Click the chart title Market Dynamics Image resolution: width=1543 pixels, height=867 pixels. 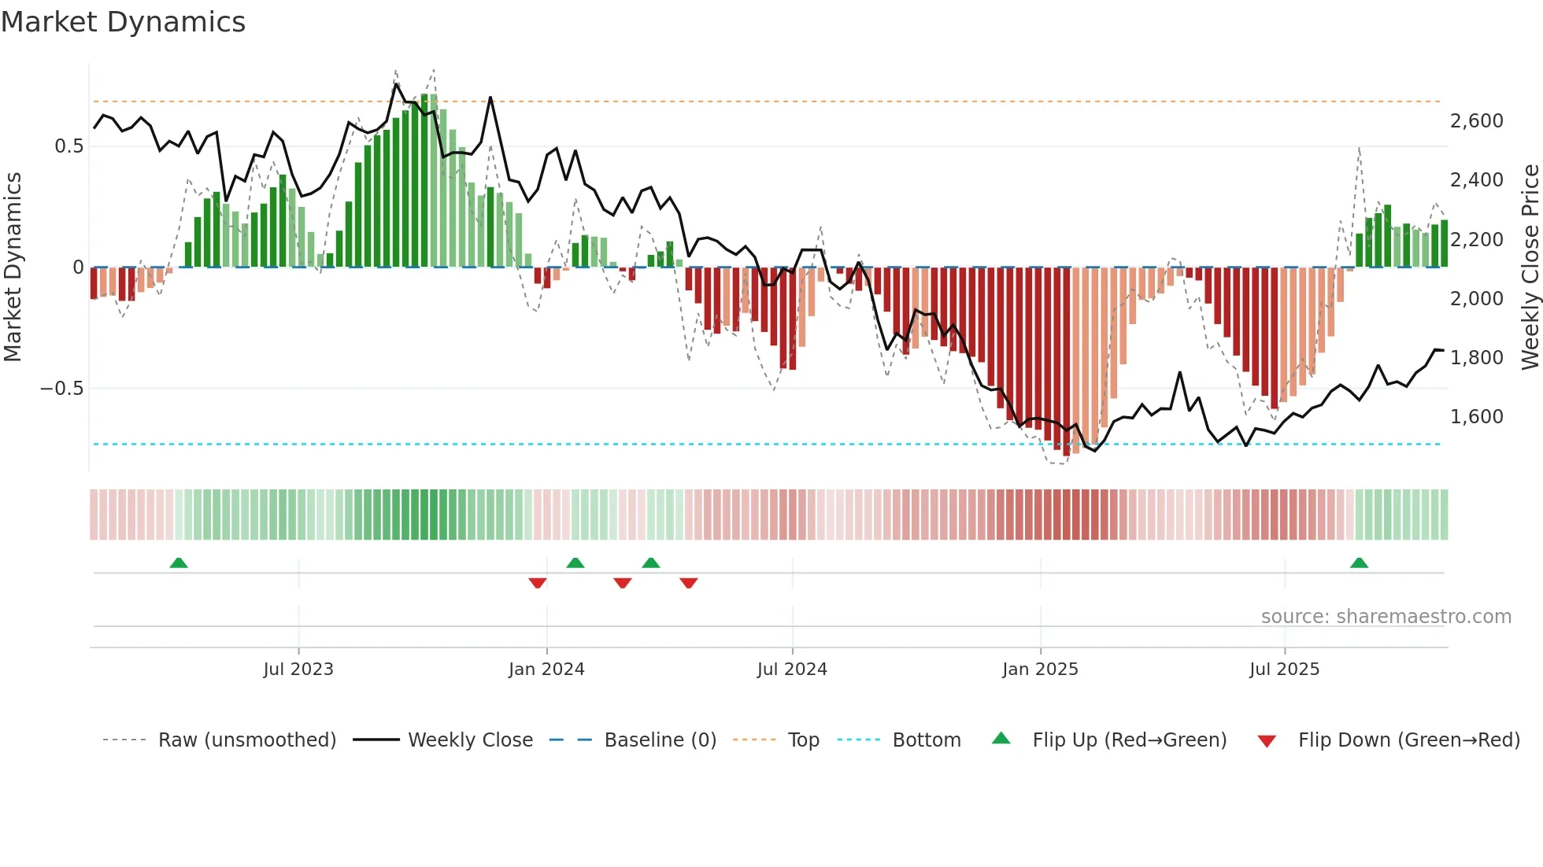(123, 22)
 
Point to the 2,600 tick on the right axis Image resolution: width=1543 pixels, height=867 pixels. (1476, 121)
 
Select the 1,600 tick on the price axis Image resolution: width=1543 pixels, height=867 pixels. (1476, 417)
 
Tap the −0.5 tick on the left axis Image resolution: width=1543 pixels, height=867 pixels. (61, 389)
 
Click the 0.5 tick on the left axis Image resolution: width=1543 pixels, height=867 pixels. (68, 146)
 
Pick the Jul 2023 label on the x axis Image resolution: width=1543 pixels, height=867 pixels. (298, 670)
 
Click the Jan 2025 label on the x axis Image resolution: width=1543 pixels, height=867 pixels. (1040, 670)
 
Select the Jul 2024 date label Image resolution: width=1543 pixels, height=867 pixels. (792, 670)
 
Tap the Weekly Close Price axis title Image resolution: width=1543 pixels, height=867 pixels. (1530, 267)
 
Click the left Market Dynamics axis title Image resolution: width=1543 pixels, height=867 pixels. (13, 267)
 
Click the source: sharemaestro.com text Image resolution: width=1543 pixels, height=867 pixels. (1386, 617)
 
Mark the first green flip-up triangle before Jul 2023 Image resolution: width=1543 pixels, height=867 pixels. (179, 563)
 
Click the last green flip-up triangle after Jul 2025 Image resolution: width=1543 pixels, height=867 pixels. (1359, 563)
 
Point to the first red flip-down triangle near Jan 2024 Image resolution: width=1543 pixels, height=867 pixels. (538, 583)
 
